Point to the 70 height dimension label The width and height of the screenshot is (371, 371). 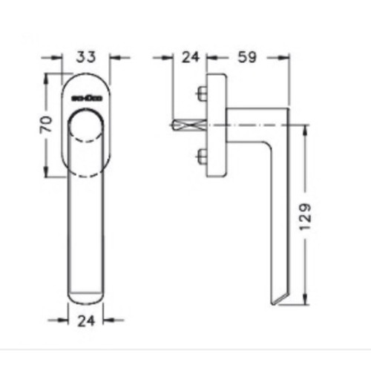45,124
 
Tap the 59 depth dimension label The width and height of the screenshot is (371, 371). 246,56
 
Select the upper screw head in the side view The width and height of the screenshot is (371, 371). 202,94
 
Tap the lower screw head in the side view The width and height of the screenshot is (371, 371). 202,157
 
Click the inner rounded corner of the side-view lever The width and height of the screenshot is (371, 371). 264,146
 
